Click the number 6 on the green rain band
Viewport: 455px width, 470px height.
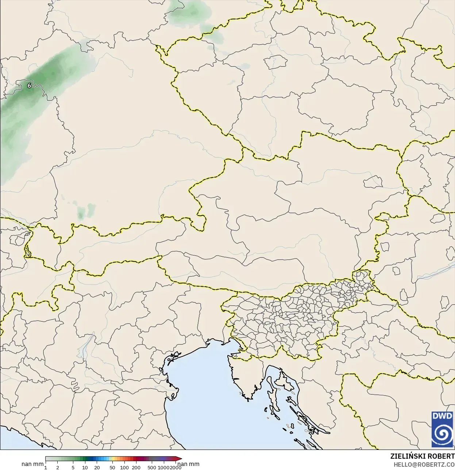(x=29, y=86)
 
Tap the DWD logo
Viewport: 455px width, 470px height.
(x=442, y=429)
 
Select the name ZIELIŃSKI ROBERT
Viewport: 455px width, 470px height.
(x=423, y=456)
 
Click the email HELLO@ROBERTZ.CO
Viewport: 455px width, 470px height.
(x=424, y=465)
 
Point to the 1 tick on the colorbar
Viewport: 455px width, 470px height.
(x=46, y=467)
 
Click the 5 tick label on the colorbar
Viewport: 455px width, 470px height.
(x=73, y=467)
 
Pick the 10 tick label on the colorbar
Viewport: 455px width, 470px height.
(x=85, y=467)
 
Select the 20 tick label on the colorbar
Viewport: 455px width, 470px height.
(x=97, y=467)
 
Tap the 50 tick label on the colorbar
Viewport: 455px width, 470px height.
(x=112, y=467)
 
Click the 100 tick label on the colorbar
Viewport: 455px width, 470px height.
(x=124, y=467)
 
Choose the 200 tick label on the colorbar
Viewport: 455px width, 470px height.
(x=136, y=467)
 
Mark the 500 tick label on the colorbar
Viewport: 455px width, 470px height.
(x=152, y=467)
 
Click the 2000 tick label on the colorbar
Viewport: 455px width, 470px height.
(x=176, y=467)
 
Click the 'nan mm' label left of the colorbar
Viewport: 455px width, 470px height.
(x=32, y=464)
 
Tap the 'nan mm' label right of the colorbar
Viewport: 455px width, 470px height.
(x=189, y=464)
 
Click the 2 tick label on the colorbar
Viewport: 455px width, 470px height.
(x=58, y=467)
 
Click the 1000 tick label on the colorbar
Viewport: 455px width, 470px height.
(x=163, y=467)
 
